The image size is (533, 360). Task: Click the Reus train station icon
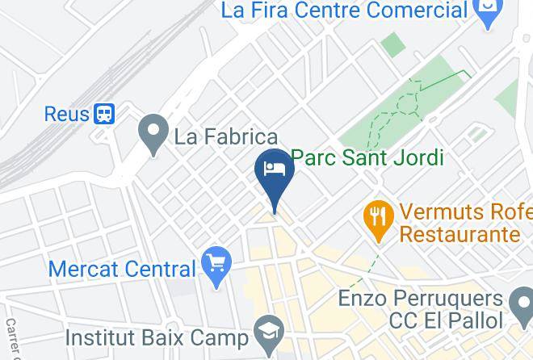click(104, 114)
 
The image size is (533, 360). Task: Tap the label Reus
click(66, 114)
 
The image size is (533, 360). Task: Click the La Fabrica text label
click(226, 136)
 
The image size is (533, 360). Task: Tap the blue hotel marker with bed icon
click(274, 173)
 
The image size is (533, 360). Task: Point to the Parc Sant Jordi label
click(367, 157)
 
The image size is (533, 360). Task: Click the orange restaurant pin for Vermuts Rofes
click(378, 219)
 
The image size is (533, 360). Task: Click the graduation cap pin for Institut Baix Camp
click(266, 331)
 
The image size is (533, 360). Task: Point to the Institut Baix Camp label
click(157, 334)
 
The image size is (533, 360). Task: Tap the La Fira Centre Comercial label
click(345, 10)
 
